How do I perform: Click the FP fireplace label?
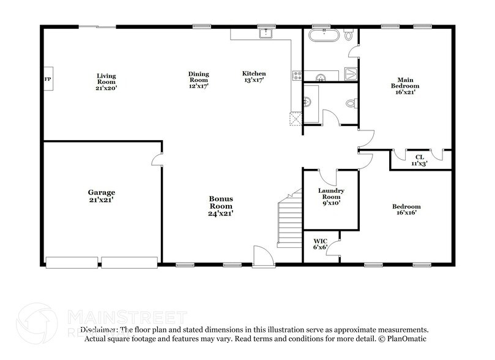[x=47, y=80]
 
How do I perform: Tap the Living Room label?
[x=106, y=81]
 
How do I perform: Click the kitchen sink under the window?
[x=266, y=33]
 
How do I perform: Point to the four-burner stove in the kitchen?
[x=298, y=76]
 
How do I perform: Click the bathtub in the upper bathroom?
[x=321, y=36]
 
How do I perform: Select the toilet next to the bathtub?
[x=350, y=36]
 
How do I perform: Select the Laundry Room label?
[x=331, y=197]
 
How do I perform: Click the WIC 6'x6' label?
[x=321, y=244]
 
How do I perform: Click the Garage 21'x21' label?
[x=102, y=196]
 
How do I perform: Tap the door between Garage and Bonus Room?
[x=157, y=160]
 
